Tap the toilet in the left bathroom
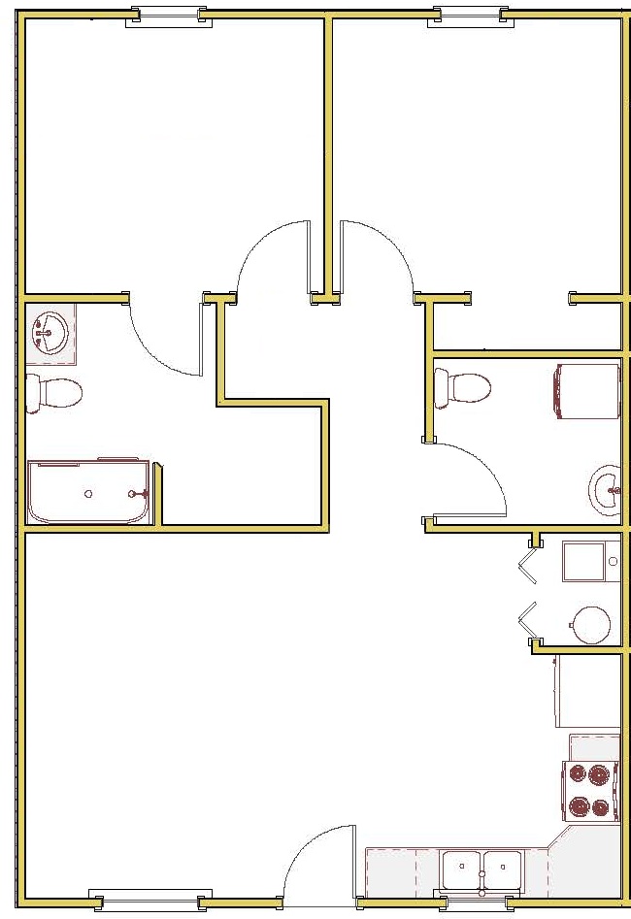pos(54,393)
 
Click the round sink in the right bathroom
pos(606,489)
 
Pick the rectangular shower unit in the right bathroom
pos(586,392)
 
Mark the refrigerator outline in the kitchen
pos(587,692)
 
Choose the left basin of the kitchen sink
pos(462,866)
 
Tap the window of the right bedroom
pos(469,16)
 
